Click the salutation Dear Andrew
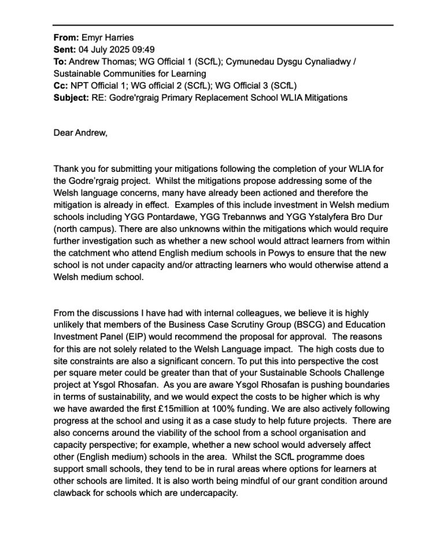coord(80,133)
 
